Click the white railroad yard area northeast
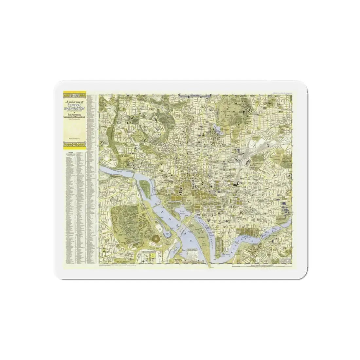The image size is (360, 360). [x=250, y=151]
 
